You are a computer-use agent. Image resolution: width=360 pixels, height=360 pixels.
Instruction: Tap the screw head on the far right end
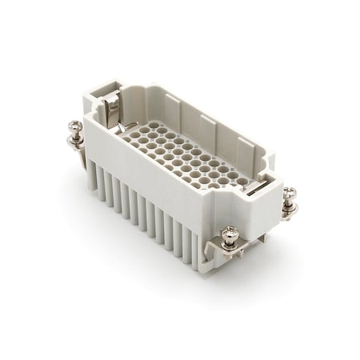click(289, 194)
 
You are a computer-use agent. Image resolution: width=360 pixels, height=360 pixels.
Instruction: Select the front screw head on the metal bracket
click(230, 233)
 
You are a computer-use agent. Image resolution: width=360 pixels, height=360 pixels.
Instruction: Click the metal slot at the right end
click(254, 186)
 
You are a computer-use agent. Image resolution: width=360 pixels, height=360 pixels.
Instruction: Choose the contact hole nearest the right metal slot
click(240, 182)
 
